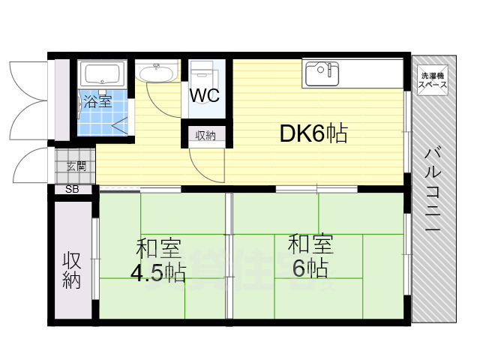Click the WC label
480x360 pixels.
[203, 97]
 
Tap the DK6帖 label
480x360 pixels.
[313, 133]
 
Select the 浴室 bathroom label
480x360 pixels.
[97, 101]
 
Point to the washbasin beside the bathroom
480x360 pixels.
[157, 73]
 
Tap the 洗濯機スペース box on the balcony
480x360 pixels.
[433, 80]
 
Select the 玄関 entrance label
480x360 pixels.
[76, 166]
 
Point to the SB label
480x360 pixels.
[72, 189]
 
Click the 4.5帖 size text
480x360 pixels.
[158, 272]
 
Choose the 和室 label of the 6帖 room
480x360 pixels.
[311, 244]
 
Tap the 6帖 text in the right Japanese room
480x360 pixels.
[310, 268]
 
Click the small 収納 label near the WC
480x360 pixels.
[205, 136]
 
